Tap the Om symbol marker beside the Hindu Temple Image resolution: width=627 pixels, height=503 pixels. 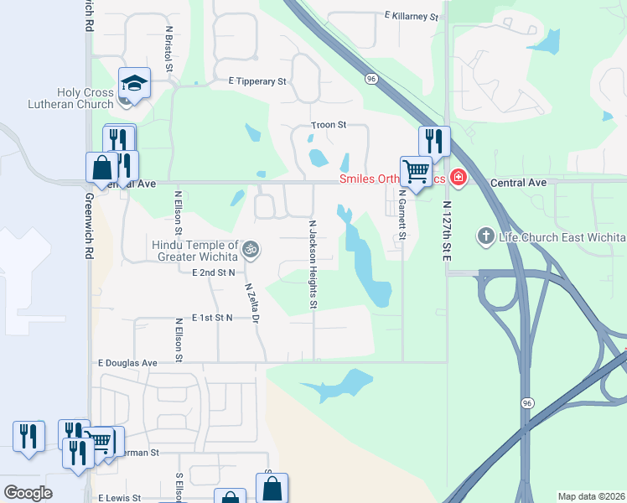point(248,249)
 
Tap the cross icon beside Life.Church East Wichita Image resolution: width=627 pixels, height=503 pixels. point(484,236)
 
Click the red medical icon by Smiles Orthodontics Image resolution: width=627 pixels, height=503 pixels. point(458,177)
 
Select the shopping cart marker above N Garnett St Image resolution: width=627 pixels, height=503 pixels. point(416,172)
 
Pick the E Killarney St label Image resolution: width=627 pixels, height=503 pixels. point(412,16)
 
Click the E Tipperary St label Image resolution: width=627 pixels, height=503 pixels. point(257,81)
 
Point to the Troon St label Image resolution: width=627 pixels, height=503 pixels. point(329,124)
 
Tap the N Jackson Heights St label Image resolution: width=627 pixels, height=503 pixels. point(313,264)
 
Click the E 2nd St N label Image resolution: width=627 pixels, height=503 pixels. point(213,272)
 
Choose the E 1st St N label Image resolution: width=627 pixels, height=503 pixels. point(212,318)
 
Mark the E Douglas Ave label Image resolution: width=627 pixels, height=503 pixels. point(127,363)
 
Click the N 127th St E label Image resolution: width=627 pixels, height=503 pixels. point(448,230)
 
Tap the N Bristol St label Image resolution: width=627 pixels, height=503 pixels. point(168,48)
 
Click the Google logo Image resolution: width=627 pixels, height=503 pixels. point(28,493)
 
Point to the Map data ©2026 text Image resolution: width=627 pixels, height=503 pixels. point(590,496)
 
